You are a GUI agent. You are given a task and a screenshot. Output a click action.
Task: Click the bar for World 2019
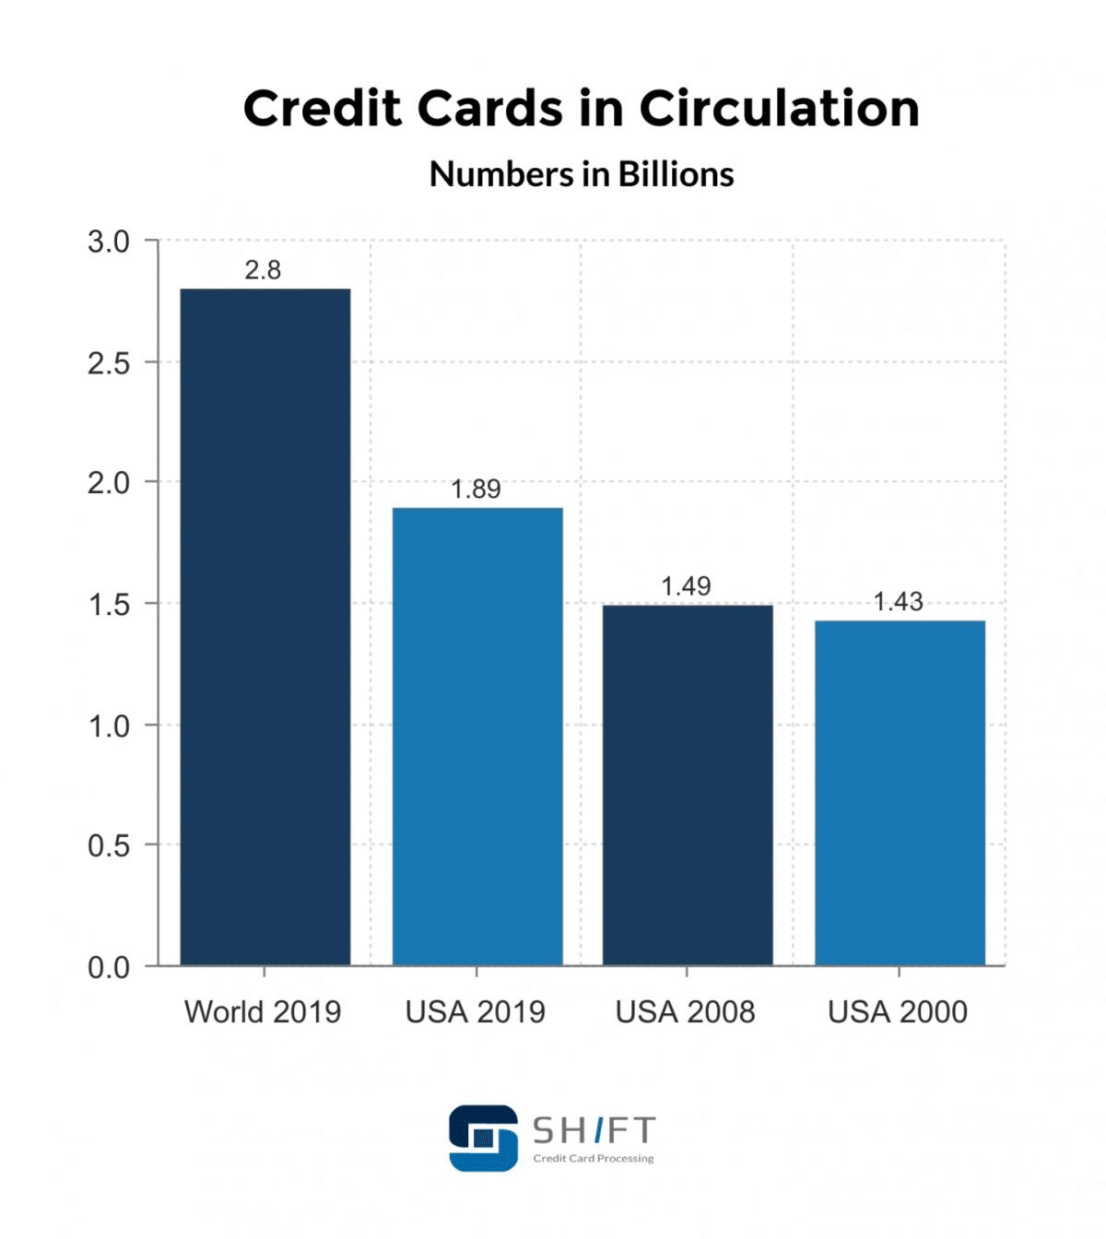coord(265,627)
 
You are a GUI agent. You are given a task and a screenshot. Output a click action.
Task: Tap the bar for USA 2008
coord(688,785)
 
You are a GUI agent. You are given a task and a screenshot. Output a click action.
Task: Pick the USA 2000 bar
coord(900,793)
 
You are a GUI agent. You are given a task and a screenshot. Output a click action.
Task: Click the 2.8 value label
coord(263,270)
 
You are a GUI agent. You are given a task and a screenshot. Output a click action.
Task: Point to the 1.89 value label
coord(476,490)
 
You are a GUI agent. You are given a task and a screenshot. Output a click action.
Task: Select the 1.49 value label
coord(686,586)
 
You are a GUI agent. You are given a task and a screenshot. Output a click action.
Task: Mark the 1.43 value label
coord(898,602)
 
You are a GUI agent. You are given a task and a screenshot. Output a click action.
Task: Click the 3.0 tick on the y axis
coord(109,242)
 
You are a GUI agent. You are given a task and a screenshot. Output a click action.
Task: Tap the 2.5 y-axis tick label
coord(109,363)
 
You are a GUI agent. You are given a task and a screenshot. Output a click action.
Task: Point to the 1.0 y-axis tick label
coord(109,726)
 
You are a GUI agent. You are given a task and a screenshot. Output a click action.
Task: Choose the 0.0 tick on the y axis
coord(109,968)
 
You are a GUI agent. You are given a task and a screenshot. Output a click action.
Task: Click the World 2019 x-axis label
coord(263,1012)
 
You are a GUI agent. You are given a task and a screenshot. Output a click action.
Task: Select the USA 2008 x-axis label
coord(685,1012)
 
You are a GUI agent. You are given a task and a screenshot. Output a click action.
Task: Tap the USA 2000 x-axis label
coord(898,1012)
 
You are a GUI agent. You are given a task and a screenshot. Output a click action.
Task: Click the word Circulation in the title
coord(779,109)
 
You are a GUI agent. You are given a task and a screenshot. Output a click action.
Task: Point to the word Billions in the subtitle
coord(676,174)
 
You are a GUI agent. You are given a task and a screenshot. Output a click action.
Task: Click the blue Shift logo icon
coord(483,1139)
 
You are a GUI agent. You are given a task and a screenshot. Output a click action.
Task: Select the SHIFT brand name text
coord(594,1130)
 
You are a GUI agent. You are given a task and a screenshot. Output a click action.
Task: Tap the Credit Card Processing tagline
coord(594,1159)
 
